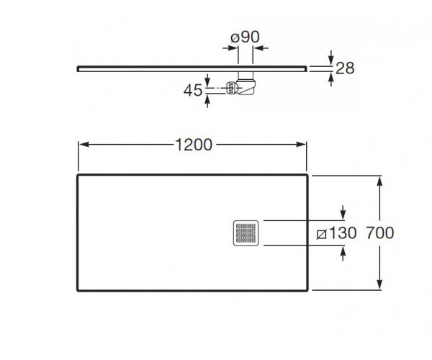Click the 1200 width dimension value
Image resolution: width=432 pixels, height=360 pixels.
point(194,145)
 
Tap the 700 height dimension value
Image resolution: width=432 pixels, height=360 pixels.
point(380,233)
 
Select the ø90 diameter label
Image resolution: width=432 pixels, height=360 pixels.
point(246,37)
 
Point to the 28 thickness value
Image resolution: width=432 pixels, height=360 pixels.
point(345,68)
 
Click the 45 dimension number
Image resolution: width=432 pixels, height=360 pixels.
point(193,90)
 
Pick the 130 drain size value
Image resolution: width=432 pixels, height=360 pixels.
point(343,233)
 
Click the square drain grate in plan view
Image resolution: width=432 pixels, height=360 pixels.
point(246,233)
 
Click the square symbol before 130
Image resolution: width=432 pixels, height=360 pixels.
point(322,235)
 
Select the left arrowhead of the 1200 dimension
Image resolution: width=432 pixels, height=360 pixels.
point(84,144)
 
